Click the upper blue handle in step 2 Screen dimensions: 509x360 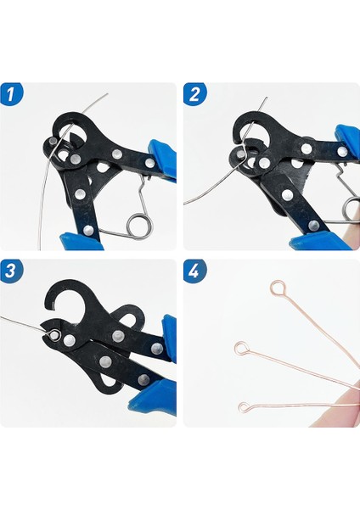347,141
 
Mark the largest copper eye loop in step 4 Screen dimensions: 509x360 277,288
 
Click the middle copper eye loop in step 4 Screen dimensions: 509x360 243,347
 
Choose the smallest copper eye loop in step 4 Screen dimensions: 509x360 245,407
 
